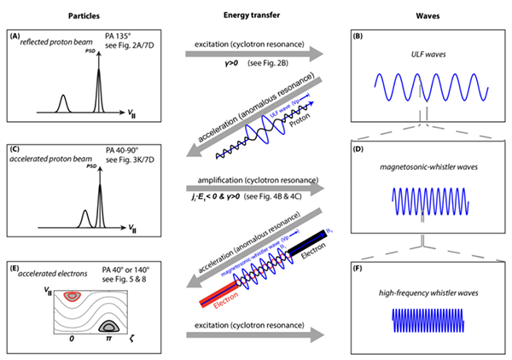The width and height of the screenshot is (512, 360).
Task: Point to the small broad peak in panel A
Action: tap(62, 103)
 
